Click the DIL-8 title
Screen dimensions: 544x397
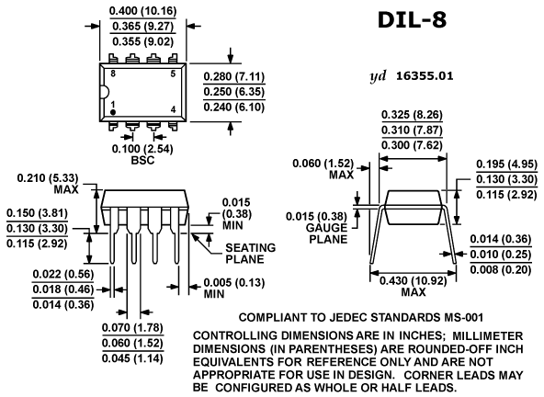click(x=412, y=19)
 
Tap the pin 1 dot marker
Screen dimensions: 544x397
click(x=113, y=112)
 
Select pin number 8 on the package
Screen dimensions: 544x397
click(x=113, y=74)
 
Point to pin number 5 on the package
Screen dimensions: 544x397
click(x=173, y=74)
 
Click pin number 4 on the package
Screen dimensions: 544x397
click(x=173, y=109)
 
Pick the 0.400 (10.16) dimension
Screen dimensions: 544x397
click(x=143, y=11)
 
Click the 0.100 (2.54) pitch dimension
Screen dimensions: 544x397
click(x=142, y=149)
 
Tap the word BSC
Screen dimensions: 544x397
click(x=142, y=160)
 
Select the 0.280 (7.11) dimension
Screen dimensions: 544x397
click(x=234, y=76)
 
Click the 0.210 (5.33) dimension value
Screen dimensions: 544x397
click(x=48, y=178)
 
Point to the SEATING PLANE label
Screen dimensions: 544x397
click(x=251, y=254)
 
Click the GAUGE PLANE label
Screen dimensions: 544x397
click(x=326, y=233)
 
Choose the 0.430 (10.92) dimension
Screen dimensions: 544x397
click(x=414, y=280)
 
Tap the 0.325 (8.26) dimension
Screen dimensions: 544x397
click(x=413, y=115)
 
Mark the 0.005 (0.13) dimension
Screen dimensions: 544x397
click(x=234, y=282)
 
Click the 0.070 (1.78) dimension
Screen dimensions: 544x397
click(x=132, y=327)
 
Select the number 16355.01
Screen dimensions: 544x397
click(x=425, y=76)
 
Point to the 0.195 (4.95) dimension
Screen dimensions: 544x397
click(x=507, y=164)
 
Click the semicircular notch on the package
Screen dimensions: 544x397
click(x=106, y=92)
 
